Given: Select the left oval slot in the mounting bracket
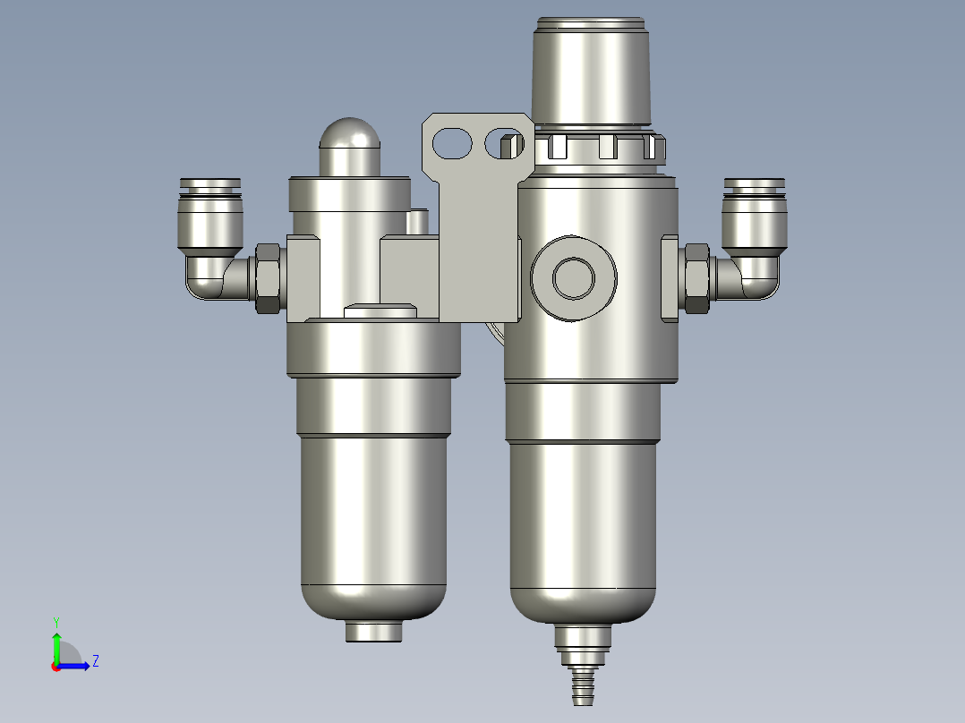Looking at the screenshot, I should (454, 142).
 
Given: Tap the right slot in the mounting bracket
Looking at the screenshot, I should (503, 143).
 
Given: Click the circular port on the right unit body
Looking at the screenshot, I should (573, 277).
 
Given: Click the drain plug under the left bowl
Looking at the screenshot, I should (374, 631).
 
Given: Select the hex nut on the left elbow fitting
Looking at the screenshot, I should (268, 277).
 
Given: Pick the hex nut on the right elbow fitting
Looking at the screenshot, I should (696, 277).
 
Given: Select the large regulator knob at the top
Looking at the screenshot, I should (591, 72).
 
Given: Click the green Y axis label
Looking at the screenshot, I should (56, 621).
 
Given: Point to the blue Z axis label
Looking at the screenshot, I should (95, 661).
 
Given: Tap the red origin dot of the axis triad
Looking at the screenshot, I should (56, 667).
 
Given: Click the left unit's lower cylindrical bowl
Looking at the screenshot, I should (373, 519).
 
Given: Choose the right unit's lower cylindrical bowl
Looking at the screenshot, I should (582, 519).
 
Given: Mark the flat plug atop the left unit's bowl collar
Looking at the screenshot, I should (380, 311).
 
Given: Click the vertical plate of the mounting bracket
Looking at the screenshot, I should (478, 251).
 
